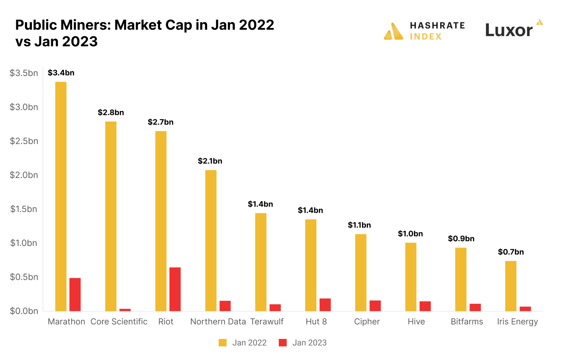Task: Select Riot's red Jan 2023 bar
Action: point(175,289)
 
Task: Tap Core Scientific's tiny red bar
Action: point(125,310)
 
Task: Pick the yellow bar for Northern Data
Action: point(211,240)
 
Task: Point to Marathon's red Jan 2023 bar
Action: point(75,294)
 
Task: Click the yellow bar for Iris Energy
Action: point(511,286)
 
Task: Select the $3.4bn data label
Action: point(61,73)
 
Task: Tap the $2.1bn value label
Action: point(210,161)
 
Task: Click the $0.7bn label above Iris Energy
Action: point(511,252)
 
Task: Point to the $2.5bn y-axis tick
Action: point(24,141)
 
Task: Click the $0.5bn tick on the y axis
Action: point(24,277)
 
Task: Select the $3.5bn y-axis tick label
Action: point(24,73)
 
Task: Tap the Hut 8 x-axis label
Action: point(316,322)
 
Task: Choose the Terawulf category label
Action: point(267,322)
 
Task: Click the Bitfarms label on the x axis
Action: point(467,322)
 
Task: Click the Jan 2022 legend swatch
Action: point(222,343)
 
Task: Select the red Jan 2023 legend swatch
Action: point(283,343)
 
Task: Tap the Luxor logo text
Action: point(508,30)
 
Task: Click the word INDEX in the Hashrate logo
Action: point(426,37)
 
